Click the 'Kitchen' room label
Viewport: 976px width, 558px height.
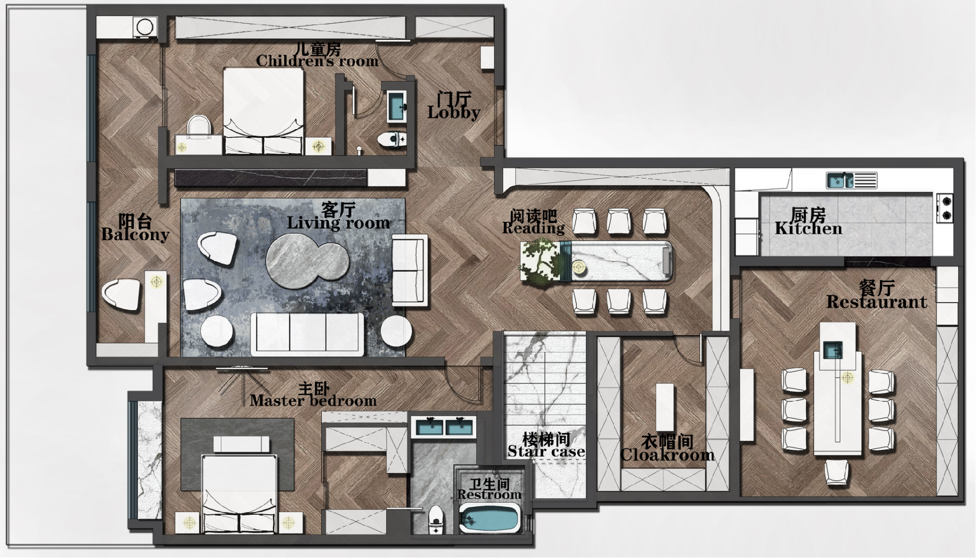tap(808, 229)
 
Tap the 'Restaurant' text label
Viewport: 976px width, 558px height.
tap(877, 302)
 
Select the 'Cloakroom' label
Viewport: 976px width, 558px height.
tap(667, 454)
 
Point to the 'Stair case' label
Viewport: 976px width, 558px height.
tap(546, 451)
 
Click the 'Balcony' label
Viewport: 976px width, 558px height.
tap(135, 235)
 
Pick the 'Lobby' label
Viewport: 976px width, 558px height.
tap(454, 113)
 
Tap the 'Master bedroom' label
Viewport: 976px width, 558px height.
tap(313, 401)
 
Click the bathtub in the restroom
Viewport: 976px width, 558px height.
tap(489, 518)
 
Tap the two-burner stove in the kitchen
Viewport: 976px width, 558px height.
tap(945, 208)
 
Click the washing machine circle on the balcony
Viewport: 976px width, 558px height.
tap(145, 27)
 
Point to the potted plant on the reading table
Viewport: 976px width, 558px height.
tap(541, 262)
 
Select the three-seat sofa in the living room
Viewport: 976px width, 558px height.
tap(307, 334)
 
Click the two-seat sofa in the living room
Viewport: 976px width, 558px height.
tap(409, 270)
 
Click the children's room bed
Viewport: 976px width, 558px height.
tap(264, 111)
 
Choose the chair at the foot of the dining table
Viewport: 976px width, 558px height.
tap(837, 472)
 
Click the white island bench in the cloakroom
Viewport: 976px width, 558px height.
tap(664, 407)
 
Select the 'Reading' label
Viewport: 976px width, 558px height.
tap(533, 229)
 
